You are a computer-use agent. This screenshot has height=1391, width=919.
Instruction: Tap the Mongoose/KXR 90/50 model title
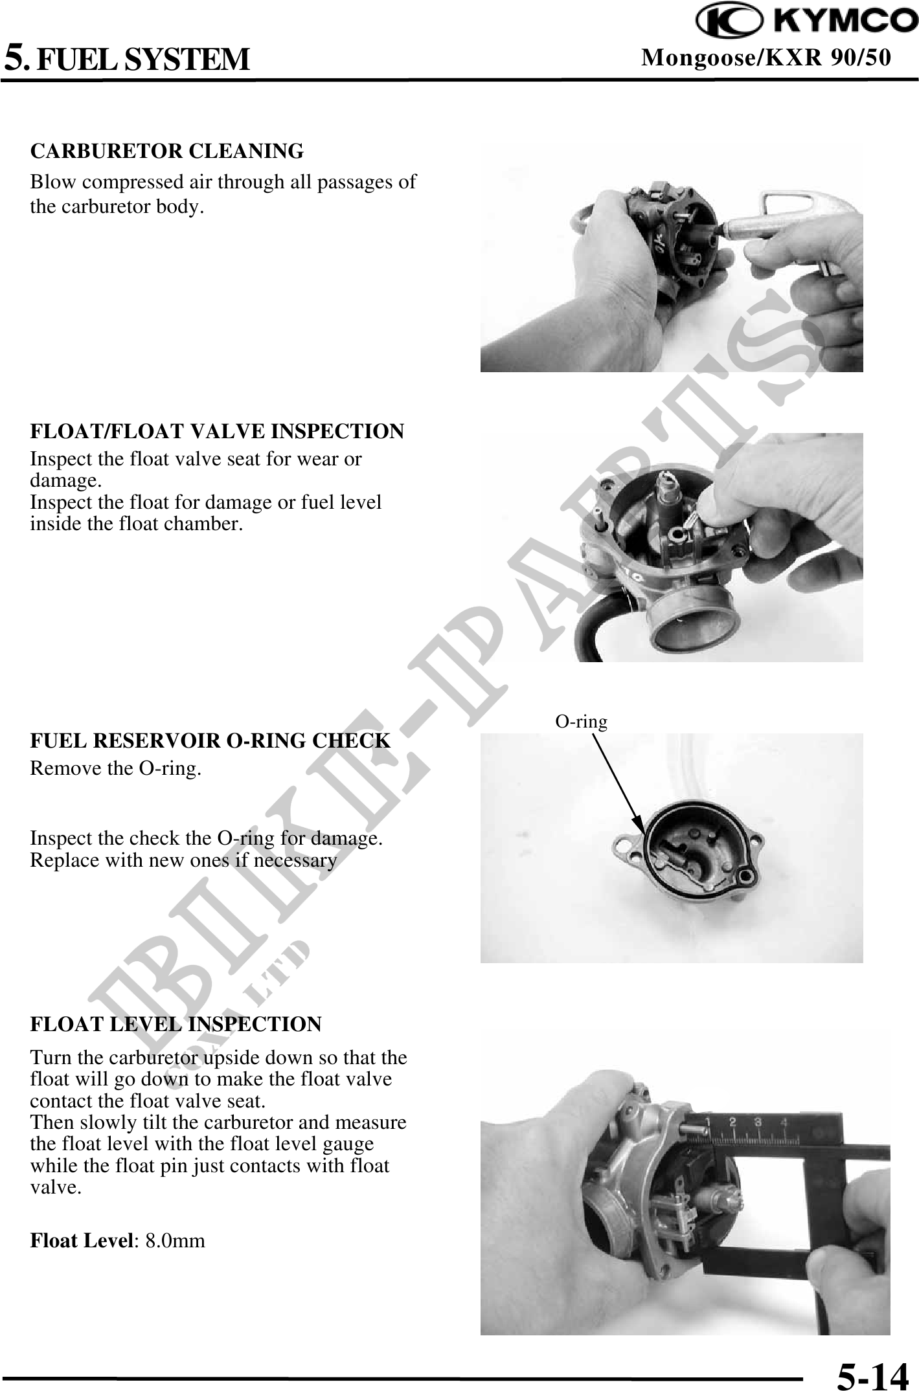click(x=766, y=58)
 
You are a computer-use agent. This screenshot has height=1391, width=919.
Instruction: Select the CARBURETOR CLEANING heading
click(x=167, y=151)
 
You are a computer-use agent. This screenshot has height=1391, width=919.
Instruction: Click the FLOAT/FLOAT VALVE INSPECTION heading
click(x=217, y=430)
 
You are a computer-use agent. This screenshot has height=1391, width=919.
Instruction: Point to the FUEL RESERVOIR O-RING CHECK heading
click(x=210, y=740)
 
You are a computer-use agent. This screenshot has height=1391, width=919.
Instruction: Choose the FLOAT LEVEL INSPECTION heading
click(x=176, y=1025)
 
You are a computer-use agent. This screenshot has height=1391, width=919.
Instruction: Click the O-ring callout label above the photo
click(x=582, y=721)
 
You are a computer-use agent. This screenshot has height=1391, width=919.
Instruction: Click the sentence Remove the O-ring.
click(x=116, y=770)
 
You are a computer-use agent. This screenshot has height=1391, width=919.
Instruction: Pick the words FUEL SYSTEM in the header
click(x=142, y=59)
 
